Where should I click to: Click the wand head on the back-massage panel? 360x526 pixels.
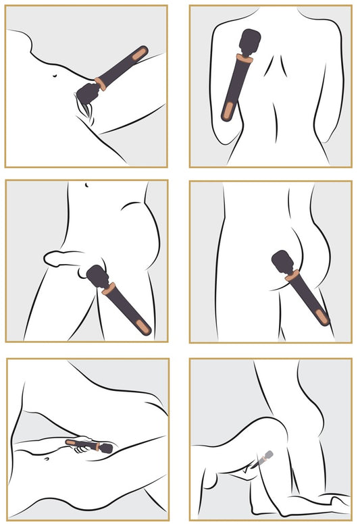tap(249, 42)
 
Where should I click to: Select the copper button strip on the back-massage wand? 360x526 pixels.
tap(230, 109)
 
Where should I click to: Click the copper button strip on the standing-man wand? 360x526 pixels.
tap(140, 327)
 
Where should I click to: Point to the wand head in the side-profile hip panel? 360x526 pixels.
tap(283, 261)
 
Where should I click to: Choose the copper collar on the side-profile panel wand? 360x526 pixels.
tap(292, 275)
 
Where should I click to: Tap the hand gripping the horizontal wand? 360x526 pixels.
tap(83, 447)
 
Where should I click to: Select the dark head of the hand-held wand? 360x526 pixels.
tap(105, 447)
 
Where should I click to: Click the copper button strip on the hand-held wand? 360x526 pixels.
tap(73, 443)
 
